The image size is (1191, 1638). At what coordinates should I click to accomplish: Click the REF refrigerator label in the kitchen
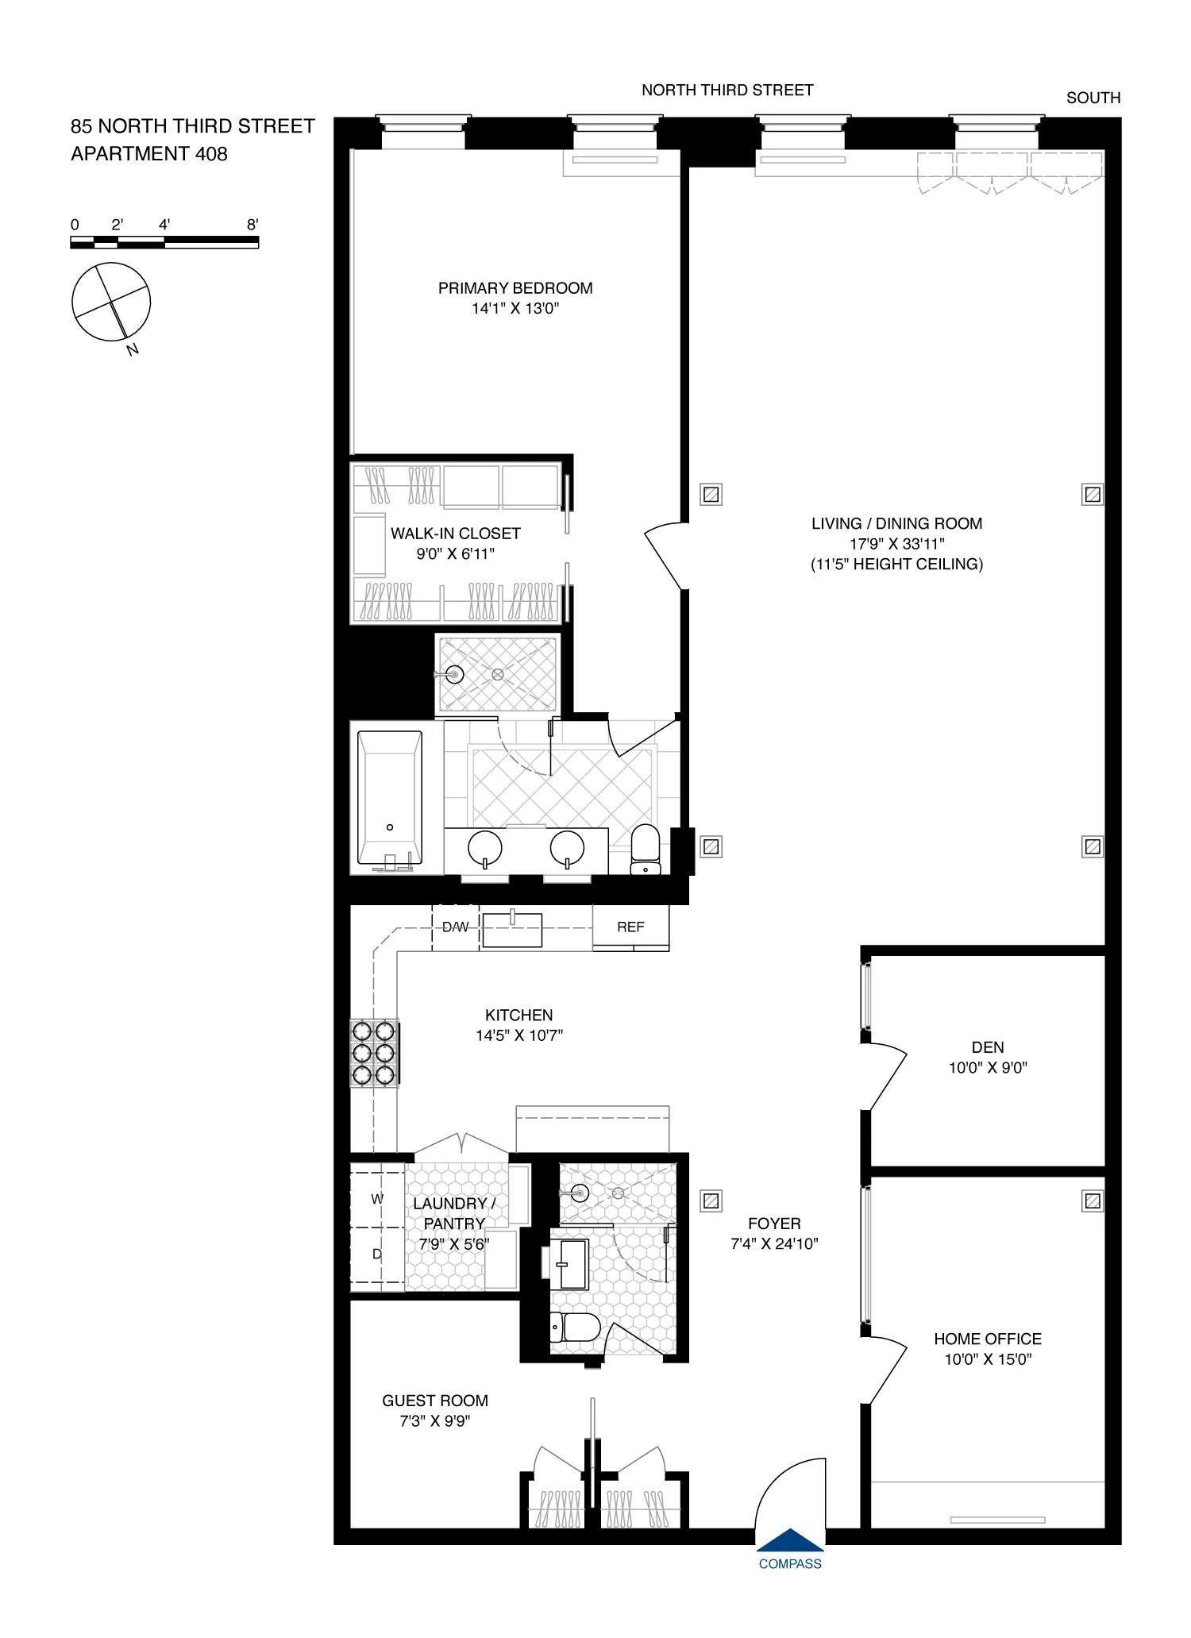(630, 927)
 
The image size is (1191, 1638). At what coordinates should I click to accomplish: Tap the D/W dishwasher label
(455, 927)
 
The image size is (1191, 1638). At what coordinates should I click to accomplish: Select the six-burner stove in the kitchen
(374, 1053)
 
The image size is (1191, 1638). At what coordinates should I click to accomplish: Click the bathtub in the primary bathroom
(390, 798)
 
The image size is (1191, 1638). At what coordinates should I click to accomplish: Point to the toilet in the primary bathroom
(646, 848)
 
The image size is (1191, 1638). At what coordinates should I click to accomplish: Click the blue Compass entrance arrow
(790, 1540)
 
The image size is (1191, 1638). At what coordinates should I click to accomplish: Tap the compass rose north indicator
(133, 349)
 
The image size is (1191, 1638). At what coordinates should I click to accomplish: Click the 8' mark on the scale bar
(252, 225)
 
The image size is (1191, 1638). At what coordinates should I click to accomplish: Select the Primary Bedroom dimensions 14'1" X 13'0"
(515, 309)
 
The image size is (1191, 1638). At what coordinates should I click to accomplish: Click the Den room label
(988, 1047)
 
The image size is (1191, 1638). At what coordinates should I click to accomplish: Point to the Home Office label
(988, 1339)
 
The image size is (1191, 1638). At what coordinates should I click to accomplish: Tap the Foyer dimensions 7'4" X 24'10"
(774, 1244)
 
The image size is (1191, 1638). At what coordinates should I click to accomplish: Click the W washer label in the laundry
(377, 1199)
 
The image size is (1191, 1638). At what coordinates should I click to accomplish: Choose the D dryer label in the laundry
(377, 1255)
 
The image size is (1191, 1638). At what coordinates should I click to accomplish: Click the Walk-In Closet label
(456, 534)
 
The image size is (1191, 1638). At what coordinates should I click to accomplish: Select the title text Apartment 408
(149, 154)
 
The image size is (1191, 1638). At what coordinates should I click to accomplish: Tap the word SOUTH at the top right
(1093, 98)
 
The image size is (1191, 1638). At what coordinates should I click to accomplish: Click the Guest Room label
(435, 1401)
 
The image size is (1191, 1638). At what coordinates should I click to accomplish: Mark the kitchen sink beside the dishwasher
(512, 930)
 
